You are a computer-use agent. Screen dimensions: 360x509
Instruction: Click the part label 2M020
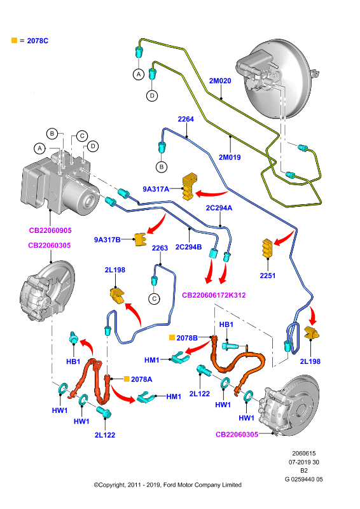pyautogui.click(x=220, y=81)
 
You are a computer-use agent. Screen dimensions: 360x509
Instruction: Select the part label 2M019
pyautogui.click(x=230, y=157)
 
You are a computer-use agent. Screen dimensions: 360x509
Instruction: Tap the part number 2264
pyautogui.click(x=186, y=119)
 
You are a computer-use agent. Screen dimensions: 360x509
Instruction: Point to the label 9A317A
pyautogui.click(x=156, y=189)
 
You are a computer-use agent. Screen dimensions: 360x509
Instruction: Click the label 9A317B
pyautogui.click(x=107, y=240)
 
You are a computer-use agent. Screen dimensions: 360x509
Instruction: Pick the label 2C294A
pyautogui.click(x=219, y=208)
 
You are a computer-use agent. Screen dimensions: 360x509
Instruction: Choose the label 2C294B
pyautogui.click(x=189, y=248)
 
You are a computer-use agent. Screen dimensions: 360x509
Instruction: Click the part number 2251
pyautogui.click(x=268, y=275)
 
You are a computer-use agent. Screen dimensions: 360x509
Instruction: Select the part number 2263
pyautogui.click(x=160, y=248)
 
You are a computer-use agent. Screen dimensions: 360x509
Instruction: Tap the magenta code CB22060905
pyautogui.click(x=50, y=230)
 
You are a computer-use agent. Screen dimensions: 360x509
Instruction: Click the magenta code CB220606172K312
pyautogui.click(x=214, y=295)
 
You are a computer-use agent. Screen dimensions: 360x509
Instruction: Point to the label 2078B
pyautogui.click(x=187, y=338)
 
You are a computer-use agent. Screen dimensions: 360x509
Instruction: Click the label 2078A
pyautogui.click(x=142, y=379)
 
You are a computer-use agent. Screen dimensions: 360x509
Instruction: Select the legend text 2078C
pyautogui.click(x=38, y=41)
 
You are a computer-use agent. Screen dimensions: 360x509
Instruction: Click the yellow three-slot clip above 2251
pyautogui.click(x=267, y=248)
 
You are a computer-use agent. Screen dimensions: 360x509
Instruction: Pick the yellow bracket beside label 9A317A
pyautogui.click(x=190, y=186)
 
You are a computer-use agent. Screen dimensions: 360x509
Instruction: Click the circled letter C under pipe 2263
pyautogui.click(x=154, y=299)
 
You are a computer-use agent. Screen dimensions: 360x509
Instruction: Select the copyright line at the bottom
pyautogui.click(x=167, y=485)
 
